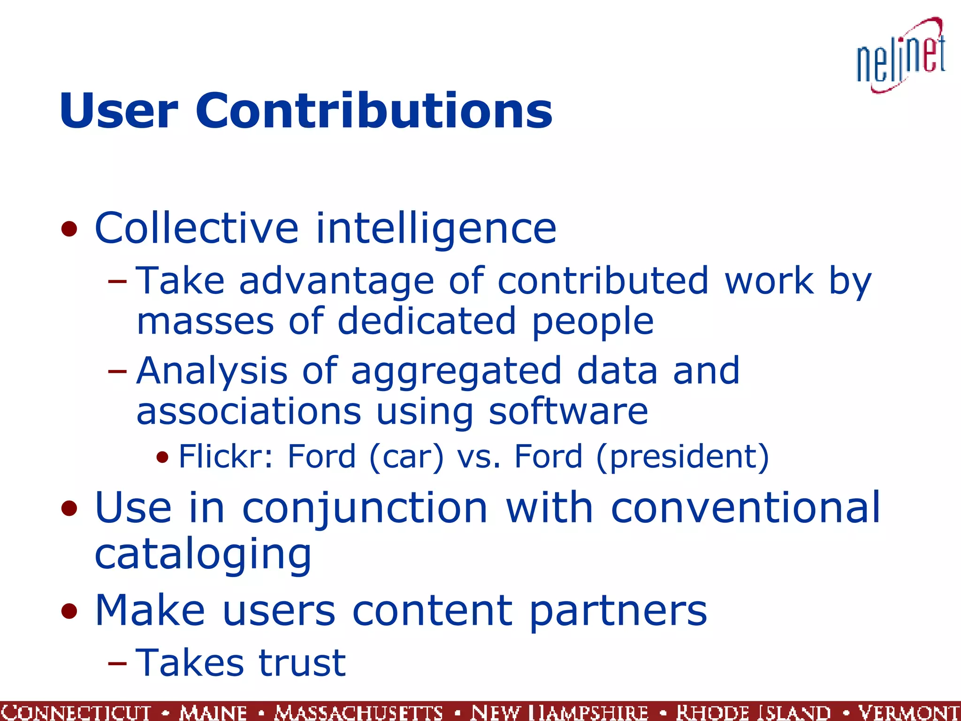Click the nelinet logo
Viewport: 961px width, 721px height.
901,56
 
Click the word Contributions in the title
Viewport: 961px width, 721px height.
374,111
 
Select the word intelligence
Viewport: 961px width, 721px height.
436,228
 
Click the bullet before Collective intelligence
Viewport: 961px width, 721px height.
69,229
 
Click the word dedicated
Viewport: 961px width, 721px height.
427,322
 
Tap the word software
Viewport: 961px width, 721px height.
568,412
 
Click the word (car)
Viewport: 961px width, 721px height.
406,457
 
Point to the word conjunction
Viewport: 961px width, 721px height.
365,509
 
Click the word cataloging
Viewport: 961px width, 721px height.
203,555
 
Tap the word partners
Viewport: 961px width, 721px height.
618,611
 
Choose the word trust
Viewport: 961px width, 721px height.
302,663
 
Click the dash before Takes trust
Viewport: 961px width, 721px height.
117,663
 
